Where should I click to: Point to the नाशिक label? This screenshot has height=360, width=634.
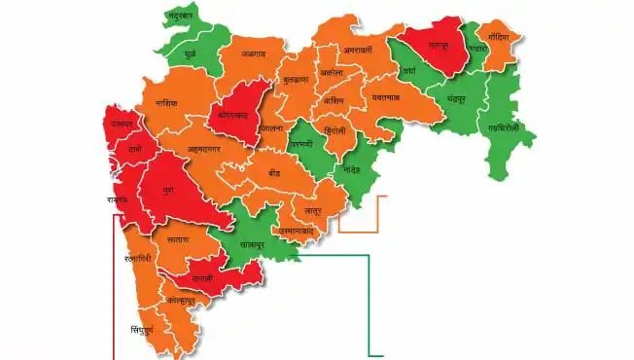(166, 101)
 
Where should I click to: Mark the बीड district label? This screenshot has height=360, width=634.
(276, 171)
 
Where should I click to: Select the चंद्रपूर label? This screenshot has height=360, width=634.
(461, 99)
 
